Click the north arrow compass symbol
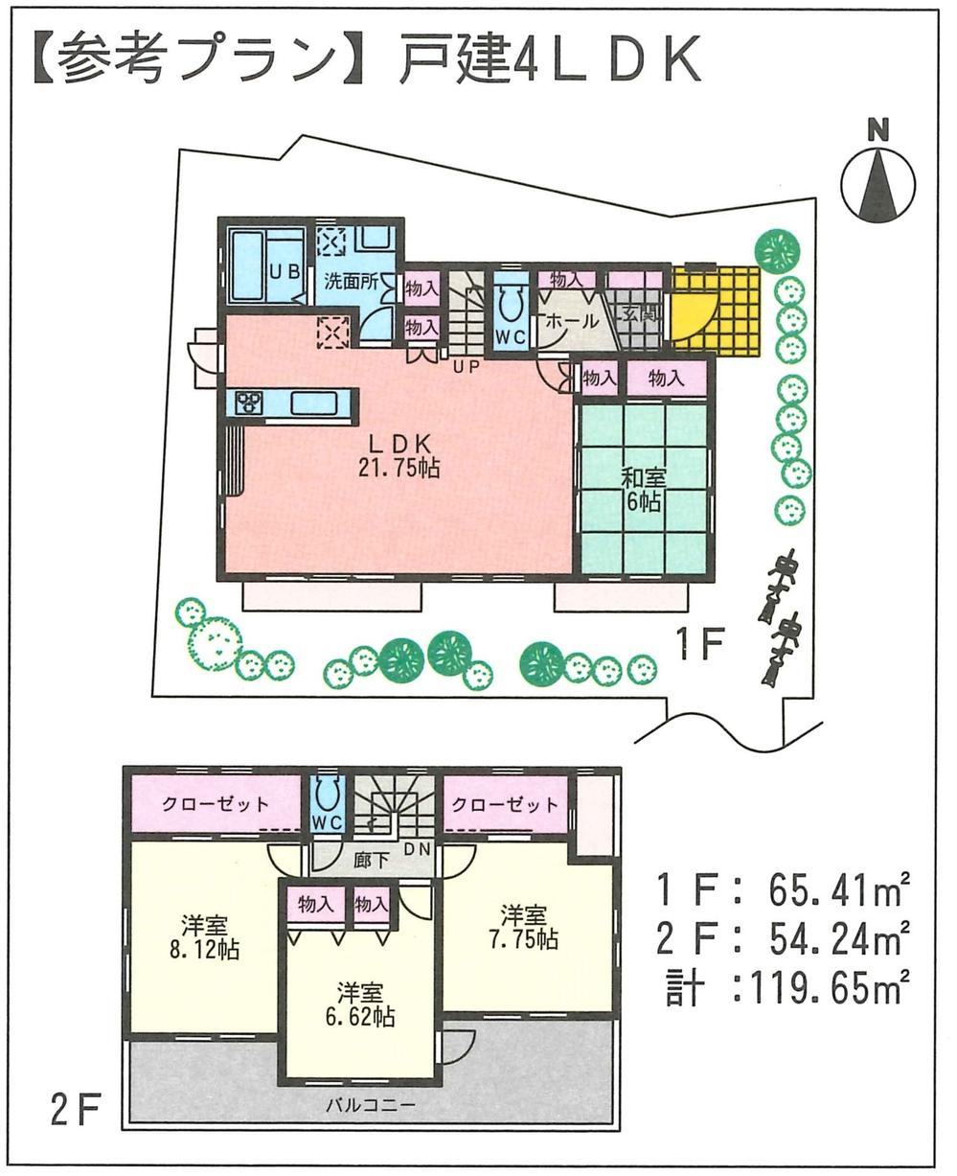[877, 181]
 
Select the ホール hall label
[571, 321]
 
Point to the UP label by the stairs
[467, 365]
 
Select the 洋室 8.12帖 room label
[205, 940]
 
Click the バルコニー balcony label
[370, 1105]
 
